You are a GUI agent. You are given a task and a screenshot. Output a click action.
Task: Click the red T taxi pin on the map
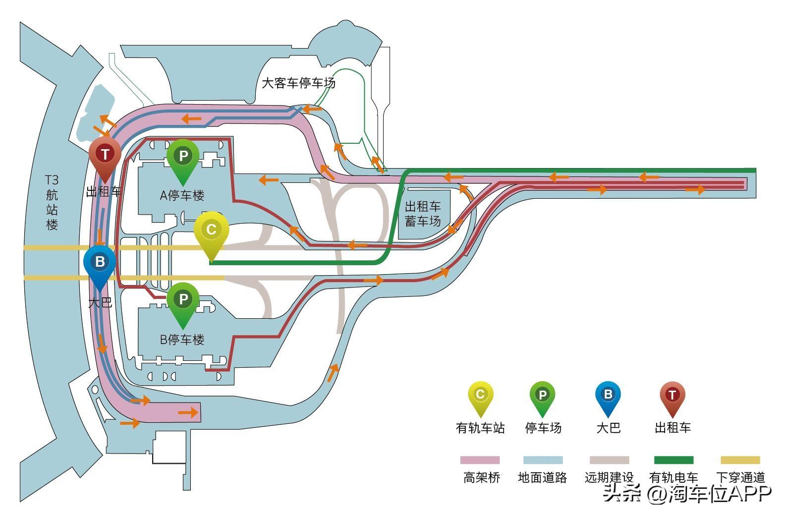pos(105,158)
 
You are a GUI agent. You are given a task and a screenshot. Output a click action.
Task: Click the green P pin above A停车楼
pos(183,160)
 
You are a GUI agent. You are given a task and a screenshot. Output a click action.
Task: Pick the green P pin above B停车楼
pos(183,304)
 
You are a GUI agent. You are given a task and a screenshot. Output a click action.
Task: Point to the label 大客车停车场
pos(299,83)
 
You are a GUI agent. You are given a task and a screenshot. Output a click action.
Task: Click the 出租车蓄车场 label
pos(423,214)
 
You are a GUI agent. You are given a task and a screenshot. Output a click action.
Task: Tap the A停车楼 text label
pos(182,195)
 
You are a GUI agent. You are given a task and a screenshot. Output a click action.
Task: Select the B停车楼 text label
pos(182,340)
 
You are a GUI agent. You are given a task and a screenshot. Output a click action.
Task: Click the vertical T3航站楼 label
pos(52,202)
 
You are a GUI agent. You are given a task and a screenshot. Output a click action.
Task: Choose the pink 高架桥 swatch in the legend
pos(480,460)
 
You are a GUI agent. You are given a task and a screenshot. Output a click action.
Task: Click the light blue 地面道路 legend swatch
pos(543,460)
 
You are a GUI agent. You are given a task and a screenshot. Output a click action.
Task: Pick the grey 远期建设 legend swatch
pos(609,460)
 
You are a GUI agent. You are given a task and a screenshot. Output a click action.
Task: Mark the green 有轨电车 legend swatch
pos(674,460)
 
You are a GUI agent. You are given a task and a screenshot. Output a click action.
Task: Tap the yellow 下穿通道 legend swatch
pos(740,460)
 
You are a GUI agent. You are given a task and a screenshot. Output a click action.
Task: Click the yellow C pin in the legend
pos(480,399)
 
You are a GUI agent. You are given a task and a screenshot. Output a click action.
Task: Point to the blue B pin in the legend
pos(608,399)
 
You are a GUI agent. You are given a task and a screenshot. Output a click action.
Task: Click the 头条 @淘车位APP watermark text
pos(687,493)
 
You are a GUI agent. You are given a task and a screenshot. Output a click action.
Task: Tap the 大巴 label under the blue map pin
pos(100,302)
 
